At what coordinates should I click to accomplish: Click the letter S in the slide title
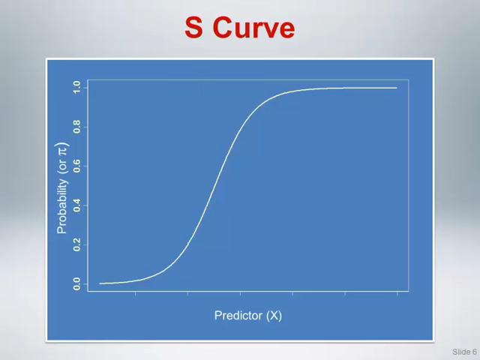(193, 28)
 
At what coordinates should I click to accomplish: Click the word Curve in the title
(253, 28)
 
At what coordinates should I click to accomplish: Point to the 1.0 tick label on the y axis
(76, 87)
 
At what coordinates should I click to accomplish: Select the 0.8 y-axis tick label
(76, 127)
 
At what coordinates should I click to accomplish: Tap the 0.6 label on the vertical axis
(76, 166)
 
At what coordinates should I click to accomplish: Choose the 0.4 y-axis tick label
(76, 205)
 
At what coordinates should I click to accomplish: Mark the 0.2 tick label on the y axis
(76, 244)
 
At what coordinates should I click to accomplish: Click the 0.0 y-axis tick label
(76, 283)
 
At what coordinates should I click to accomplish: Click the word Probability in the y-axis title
(62, 206)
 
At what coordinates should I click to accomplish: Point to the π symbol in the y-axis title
(62, 151)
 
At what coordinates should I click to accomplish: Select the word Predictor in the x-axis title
(238, 315)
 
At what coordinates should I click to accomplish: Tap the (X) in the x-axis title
(274, 316)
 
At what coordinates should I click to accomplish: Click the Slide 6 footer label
(464, 352)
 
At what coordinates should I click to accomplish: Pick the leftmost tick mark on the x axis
(135, 293)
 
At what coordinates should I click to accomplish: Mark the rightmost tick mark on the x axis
(397, 293)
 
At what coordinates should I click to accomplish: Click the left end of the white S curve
(100, 283)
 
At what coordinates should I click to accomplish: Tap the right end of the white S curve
(397, 88)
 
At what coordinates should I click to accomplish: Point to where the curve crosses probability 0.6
(222, 166)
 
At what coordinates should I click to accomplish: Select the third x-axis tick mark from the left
(240, 293)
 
